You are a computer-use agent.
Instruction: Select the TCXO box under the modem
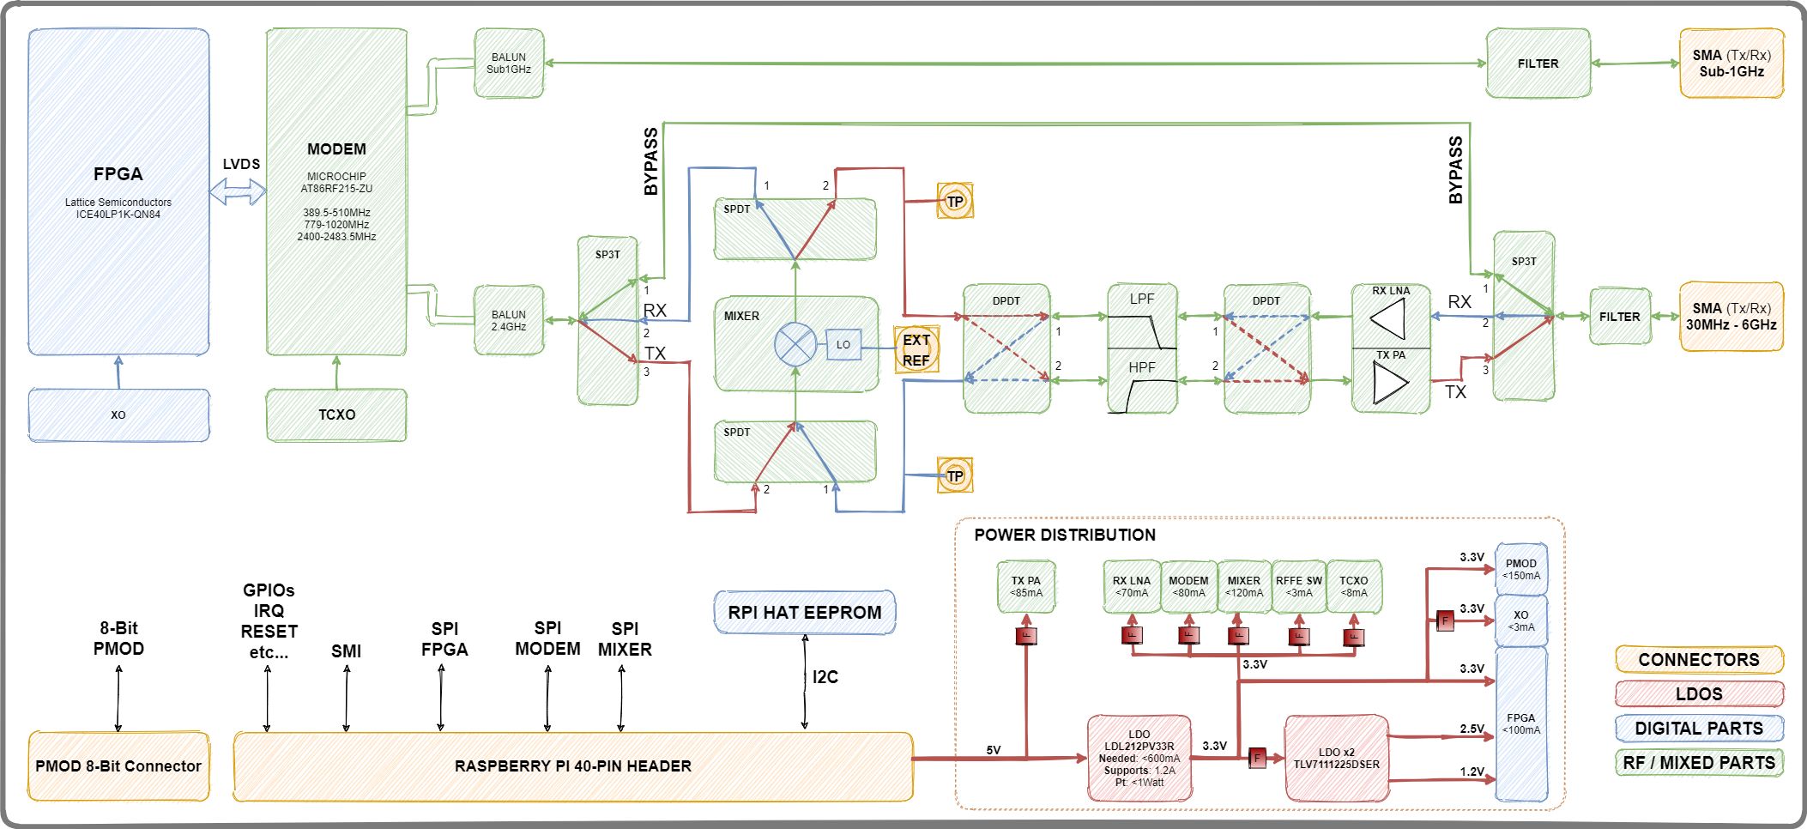pos(336,414)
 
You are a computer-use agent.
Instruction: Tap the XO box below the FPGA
pos(118,414)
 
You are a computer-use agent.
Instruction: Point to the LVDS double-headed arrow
pos(239,191)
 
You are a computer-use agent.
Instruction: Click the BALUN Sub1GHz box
pos(509,64)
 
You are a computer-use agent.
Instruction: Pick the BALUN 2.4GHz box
pos(509,321)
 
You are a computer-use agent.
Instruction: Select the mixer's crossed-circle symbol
pos(795,345)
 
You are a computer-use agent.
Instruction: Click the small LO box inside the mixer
pos(843,345)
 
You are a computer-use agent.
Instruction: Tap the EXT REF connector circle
pos(916,349)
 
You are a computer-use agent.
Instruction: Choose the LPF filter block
pos(1142,317)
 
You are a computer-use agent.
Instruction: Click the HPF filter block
pos(1142,382)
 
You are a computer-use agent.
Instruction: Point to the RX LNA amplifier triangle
pos(1389,319)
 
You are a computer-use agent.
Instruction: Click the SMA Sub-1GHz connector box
pos(1731,64)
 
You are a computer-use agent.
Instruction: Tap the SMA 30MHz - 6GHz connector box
pos(1731,317)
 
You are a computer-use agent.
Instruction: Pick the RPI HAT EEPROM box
pos(805,613)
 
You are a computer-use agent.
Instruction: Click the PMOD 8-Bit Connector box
pos(118,766)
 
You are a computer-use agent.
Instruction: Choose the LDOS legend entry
pos(1699,693)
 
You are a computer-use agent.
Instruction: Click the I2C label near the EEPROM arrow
pos(825,677)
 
